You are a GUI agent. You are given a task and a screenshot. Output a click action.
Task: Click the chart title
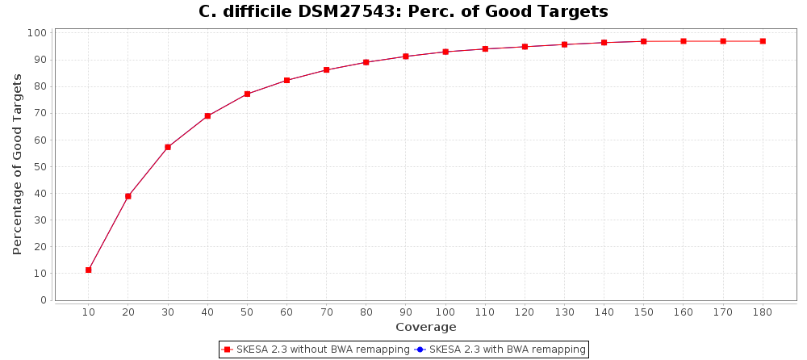(403, 12)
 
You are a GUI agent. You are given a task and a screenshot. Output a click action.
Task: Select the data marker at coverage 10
(89, 270)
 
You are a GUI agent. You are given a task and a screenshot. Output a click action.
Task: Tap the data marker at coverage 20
(128, 196)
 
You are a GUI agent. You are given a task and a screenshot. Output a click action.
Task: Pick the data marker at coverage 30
(168, 147)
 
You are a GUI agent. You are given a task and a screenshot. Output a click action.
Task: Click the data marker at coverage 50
(247, 94)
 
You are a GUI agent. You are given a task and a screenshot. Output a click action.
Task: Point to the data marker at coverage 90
(406, 57)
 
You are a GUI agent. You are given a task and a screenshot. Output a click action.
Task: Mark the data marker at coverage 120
(525, 47)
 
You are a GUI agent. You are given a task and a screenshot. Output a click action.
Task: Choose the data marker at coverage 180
(763, 41)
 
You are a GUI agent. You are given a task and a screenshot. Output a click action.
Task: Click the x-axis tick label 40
(207, 312)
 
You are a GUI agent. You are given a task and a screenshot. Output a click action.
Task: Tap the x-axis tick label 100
(445, 312)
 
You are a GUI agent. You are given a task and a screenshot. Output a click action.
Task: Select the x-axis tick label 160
(683, 312)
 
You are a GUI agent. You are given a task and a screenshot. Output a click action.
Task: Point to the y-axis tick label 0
(43, 300)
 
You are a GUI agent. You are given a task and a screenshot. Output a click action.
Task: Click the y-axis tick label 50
(40, 167)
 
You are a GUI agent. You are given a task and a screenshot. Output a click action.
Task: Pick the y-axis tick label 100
(37, 33)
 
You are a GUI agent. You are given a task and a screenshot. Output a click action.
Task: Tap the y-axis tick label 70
(40, 113)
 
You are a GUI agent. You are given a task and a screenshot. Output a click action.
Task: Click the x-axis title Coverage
(425, 327)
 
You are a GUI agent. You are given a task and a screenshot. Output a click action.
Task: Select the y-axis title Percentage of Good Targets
(18, 164)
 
